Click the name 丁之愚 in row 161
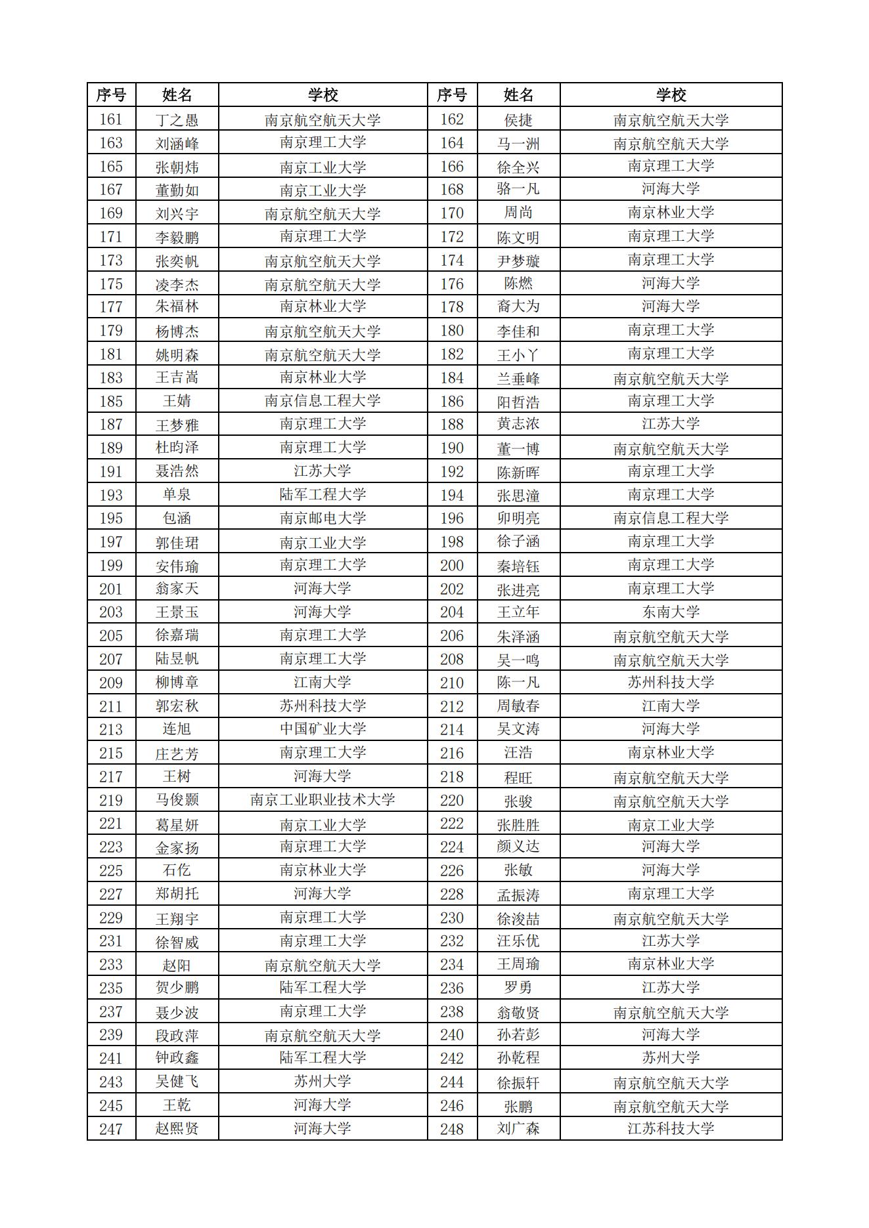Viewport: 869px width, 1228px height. [177, 120]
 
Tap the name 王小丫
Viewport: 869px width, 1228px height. [518, 355]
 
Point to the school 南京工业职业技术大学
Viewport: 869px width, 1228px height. [323, 800]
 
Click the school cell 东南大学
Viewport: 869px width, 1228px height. [671, 612]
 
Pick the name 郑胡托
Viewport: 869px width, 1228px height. [177, 894]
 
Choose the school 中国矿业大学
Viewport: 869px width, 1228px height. [323, 729]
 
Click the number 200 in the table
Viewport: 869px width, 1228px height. [452, 566]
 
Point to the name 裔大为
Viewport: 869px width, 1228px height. [518, 307]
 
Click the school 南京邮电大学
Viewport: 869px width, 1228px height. [323, 519]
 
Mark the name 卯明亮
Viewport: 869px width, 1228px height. [518, 519]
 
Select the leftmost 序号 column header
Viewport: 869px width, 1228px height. [111, 95]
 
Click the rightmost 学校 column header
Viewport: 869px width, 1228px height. [671, 95]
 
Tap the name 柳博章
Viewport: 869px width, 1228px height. [177, 683]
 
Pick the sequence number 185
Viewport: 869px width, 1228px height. [111, 401]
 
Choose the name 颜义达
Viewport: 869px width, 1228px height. [518, 847]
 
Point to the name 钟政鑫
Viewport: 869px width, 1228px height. [177, 1058]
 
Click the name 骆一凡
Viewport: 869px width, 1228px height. [518, 190]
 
